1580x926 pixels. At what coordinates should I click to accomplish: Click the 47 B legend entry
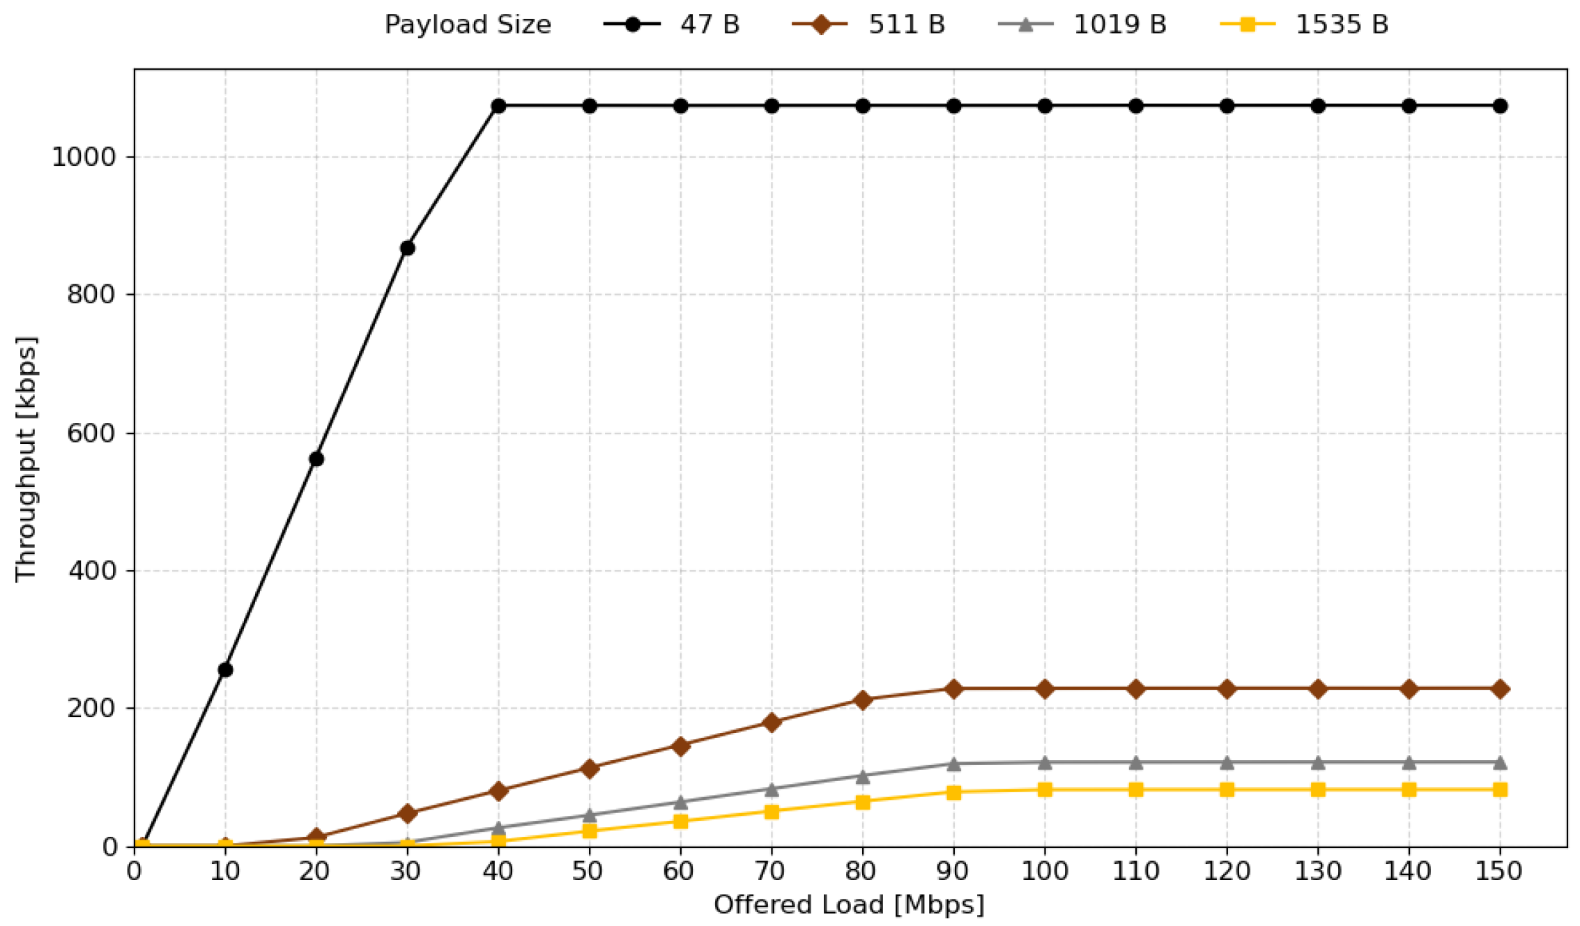(671, 24)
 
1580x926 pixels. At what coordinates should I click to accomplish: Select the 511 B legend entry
(868, 24)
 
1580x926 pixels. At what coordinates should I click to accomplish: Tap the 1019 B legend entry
(1082, 24)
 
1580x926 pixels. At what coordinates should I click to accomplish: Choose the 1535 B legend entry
(1304, 24)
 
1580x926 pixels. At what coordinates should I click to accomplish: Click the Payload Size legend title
(468, 25)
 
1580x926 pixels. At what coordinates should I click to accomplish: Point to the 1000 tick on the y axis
(84, 157)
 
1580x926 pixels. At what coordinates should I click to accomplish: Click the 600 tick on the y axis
(91, 433)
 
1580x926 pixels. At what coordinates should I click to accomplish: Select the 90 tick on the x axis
(953, 871)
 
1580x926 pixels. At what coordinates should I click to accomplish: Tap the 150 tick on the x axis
(1499, 871)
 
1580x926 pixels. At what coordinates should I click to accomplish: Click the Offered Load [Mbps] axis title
(849, 905)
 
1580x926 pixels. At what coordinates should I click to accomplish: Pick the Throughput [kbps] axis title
(26, 458)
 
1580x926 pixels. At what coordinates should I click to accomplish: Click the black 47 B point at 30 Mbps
(408, 248)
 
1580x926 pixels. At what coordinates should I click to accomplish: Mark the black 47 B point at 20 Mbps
(316, 459)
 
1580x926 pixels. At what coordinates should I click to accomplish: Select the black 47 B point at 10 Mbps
(225, 670)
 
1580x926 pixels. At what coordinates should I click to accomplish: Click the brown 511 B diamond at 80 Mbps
(863, 700)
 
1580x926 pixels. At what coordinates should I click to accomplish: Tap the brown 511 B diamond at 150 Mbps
(1500, 689)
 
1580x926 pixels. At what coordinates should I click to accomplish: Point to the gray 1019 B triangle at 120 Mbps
(1227, 763)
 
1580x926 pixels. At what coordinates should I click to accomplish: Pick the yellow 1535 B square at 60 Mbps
(681, 821)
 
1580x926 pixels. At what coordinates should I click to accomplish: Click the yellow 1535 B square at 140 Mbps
(1409, 789)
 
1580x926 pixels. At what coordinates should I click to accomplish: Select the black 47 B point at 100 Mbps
(1045, 106)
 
